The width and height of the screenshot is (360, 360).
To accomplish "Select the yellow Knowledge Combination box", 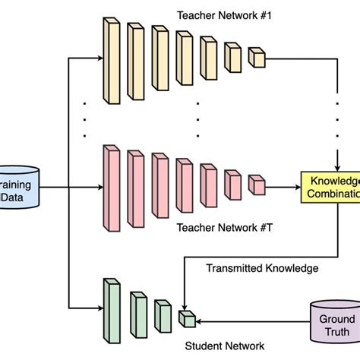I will coord(330,186).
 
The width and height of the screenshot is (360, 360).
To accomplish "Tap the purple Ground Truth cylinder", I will coord(333,325).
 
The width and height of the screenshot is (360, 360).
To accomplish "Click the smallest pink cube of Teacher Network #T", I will coord(257,185).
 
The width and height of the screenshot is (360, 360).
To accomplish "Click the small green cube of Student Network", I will coord(186,318).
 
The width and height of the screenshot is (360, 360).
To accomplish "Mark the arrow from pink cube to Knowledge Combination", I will coord(283,185).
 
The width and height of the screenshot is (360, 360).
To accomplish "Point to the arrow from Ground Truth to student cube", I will coord(251,319).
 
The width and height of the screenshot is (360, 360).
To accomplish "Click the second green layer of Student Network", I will coord(137,314).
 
